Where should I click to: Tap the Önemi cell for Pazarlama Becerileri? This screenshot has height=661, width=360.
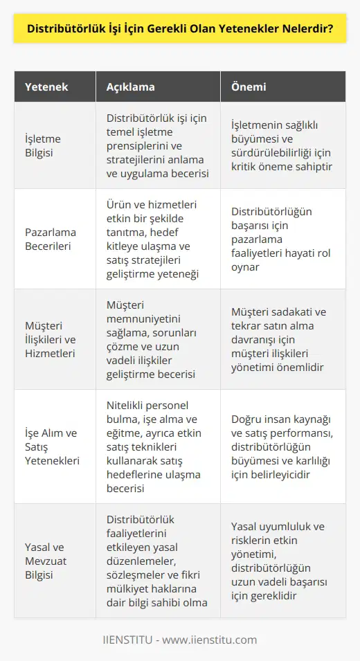tap(280, 238)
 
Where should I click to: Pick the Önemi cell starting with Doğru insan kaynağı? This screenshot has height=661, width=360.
tap(282, 446)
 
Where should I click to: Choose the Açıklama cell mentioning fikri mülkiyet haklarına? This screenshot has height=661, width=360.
tap(159, 560)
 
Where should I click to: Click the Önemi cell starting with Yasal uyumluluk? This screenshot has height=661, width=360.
tap(282, 560)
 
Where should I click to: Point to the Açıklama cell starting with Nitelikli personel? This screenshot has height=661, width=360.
tap(158, 446)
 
